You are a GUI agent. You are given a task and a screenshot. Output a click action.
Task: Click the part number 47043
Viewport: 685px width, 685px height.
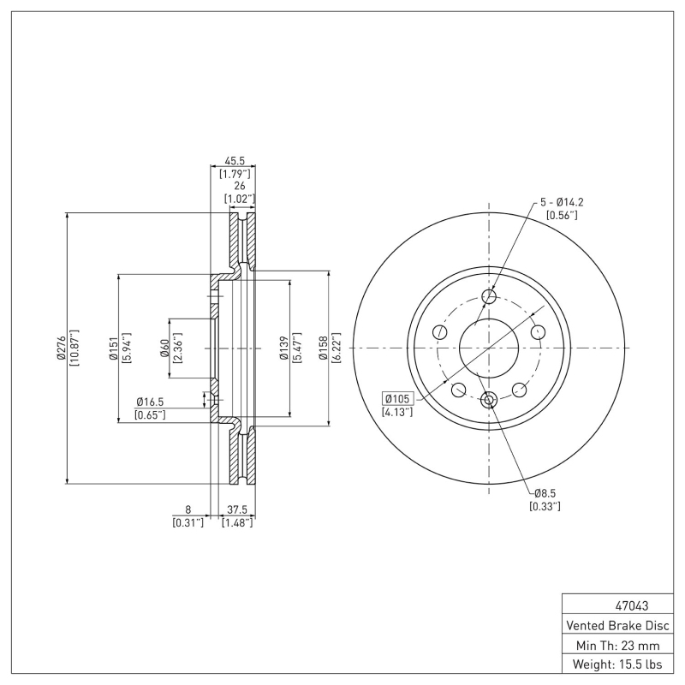(x=613, y=605)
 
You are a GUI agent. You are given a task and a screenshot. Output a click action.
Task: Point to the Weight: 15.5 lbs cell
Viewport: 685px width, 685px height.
(x=613, y=664)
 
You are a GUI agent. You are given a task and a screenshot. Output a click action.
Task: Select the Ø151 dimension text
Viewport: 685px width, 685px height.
(x=113, y=348)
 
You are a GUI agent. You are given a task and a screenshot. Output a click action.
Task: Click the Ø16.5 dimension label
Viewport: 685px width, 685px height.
(x=150, y=402)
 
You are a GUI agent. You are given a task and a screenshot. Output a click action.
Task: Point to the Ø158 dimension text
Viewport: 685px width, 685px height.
(x=324, y=348)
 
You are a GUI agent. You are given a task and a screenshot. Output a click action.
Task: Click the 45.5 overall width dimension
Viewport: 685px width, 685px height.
(x=235, y=160)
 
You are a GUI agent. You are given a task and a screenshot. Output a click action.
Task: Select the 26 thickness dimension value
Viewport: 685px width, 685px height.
(x=240, y=185)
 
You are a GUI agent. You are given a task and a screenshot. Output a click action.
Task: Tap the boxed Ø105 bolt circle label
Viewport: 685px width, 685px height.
(x=398, y=398)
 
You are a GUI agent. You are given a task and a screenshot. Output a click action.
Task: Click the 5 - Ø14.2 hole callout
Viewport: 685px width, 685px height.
(x=561, y=202)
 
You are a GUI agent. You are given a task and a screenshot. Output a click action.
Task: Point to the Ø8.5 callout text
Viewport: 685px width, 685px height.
(x=545, y=493)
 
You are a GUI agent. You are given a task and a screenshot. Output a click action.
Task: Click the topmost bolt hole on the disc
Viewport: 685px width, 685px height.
(x=489, y=297)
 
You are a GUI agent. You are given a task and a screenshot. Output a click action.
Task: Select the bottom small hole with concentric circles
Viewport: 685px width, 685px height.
(x=489, y=399)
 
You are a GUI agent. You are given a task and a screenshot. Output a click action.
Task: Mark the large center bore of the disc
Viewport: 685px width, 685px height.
(x=489, y=348)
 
